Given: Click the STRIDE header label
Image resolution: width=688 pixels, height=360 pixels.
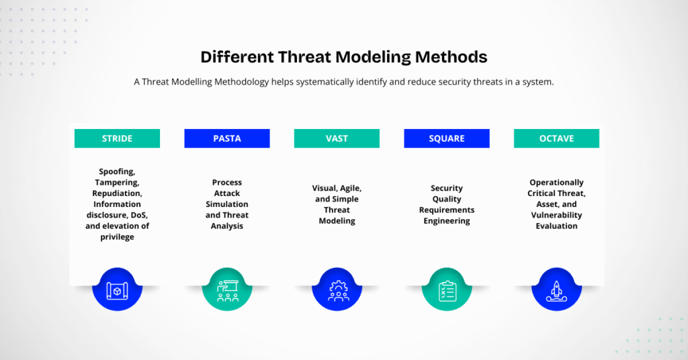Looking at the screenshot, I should point(117,138).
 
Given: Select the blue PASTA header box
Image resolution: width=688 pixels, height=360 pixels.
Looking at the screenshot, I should point(227,138).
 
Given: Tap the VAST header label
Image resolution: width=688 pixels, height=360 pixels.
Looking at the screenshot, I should point(337,138).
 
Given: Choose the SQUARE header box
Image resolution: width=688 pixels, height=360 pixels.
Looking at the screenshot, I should point(447,138).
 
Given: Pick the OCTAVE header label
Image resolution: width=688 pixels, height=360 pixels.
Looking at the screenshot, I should point(556,138).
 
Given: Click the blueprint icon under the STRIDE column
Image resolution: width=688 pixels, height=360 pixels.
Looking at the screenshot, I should point(117,289).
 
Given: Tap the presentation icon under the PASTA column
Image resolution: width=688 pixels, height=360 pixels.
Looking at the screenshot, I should point(227,289).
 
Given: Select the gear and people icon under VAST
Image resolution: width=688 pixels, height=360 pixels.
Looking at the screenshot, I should point(337,289).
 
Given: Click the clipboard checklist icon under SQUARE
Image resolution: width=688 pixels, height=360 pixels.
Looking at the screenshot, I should point(447,289).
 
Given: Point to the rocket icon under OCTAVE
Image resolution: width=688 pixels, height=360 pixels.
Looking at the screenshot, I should point(556,289).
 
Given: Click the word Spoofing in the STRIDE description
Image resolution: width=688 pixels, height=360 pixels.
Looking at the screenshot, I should point(117,172).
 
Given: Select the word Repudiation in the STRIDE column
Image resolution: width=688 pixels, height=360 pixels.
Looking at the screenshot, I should point(117,193).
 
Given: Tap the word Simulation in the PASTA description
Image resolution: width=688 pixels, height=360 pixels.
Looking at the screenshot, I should point(227,204).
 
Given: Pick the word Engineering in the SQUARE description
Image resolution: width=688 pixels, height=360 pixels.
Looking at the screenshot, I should point(447,221).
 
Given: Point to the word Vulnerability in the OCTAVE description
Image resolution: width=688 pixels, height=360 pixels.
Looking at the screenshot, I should point(556,215).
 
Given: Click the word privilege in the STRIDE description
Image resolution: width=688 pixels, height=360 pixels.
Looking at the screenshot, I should point(117,237).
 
